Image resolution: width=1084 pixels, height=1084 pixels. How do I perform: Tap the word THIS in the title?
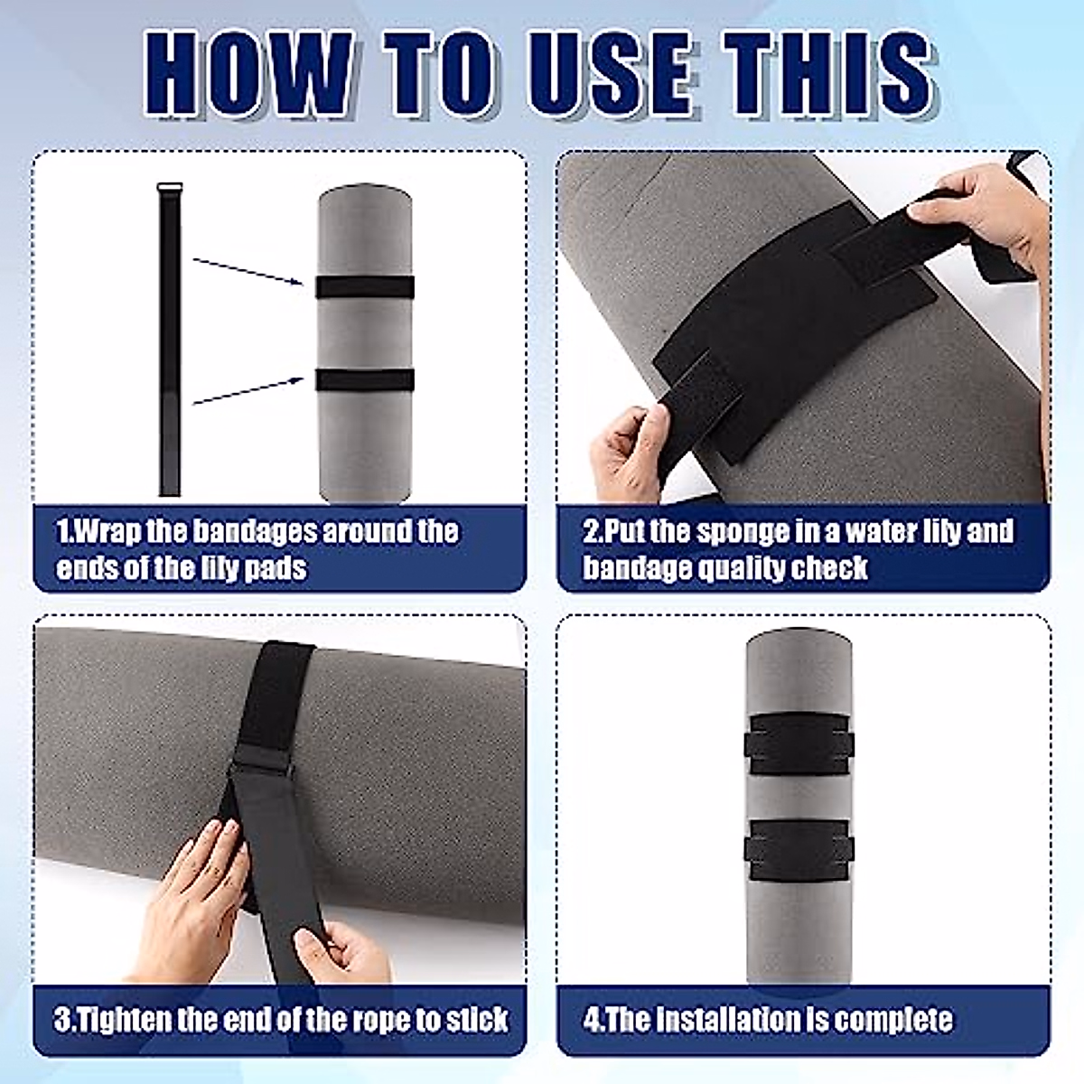[830, 73]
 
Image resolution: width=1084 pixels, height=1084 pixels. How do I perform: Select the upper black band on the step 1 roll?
[365, 287]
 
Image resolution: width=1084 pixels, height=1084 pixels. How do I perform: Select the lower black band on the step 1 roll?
[365, 380]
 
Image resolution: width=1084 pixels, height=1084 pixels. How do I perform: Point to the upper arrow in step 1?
[248, 271]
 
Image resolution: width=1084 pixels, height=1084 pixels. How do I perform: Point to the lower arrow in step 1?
[248, 391]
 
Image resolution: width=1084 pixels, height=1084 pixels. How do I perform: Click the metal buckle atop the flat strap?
[170, 187]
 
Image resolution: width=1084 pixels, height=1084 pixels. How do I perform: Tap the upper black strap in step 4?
[799, 744]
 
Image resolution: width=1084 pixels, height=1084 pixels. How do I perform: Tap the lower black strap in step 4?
[799, 850]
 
